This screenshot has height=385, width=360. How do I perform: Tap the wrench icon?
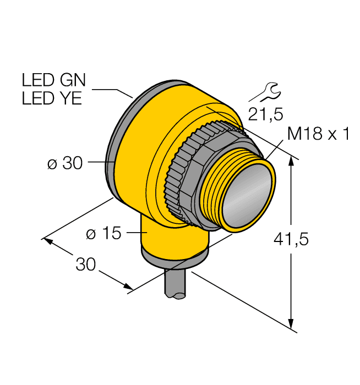pyautogui.click(x=264, y=92)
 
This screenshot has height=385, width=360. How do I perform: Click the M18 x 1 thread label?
pyautogui.click(x=318, y=134)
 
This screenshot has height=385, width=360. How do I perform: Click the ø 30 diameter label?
pyautogui.click(x=64, y=163)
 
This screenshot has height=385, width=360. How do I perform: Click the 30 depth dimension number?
pyautogui.click(x=85, y=265)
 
